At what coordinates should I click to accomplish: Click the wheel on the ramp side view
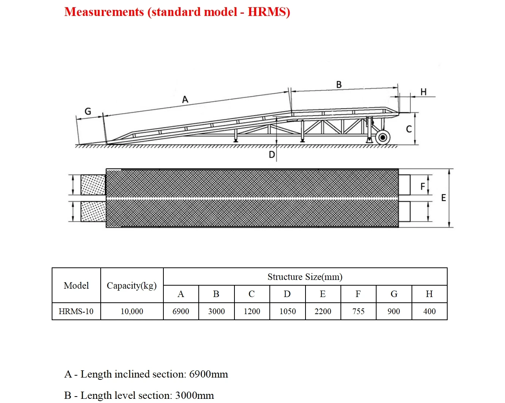[383, 137]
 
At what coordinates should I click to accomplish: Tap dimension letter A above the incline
[185, 100]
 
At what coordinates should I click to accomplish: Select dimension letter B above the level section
[339, 85]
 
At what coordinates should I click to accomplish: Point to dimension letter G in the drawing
[88, 111]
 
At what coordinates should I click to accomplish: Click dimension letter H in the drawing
[423, 92]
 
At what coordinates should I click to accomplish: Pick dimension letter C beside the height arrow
[409, 129]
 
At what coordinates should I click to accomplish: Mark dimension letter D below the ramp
[272, 155]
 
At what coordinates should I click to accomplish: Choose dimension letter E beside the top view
[443, 198]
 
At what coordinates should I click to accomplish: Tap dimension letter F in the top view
[423, 186]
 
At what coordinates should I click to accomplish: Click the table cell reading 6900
[181, 311]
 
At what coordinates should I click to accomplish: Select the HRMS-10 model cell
[76, 311]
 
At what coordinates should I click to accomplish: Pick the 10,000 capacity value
[132, 311]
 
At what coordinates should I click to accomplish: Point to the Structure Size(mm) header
[305, 277]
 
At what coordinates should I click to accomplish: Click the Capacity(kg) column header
[132, 286]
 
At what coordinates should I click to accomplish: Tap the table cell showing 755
[358, 311]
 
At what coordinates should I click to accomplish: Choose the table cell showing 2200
[323, 311]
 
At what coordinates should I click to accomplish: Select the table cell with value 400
[429, 311]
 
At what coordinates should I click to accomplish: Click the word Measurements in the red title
[104, 12]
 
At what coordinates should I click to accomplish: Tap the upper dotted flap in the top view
[93, 185]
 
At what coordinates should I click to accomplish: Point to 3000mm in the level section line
[195, 395]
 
